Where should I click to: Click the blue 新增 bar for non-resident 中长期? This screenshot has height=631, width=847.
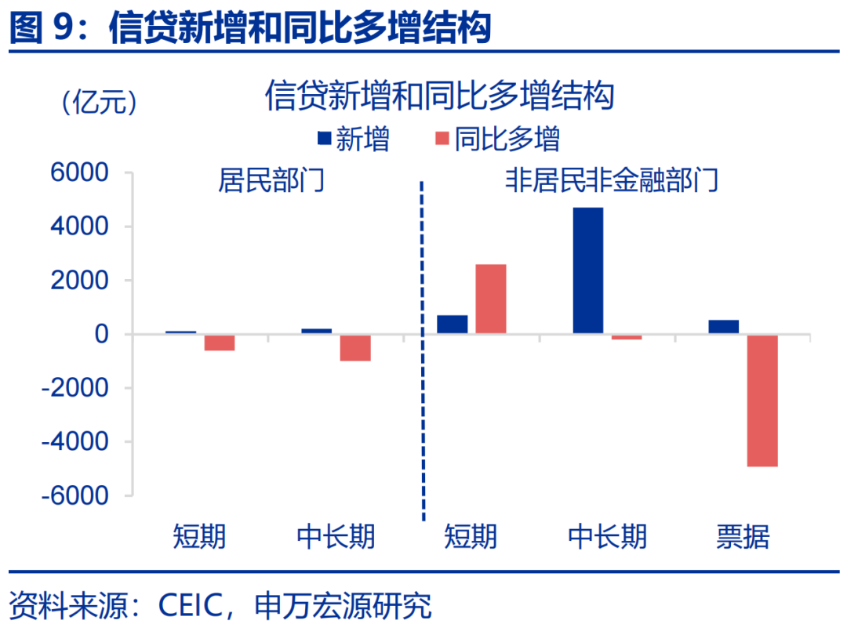click(x=588, y=270)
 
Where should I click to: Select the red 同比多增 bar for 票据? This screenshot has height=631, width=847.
click(x=762, y=401)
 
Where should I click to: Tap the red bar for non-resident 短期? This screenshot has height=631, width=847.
click(x=490, y=299)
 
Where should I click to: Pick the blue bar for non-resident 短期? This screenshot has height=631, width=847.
click(x=452, y=325)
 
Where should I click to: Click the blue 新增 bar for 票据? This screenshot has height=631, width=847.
click(x=723, y=327)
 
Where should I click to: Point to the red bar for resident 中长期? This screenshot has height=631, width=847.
click(x=355, y=348)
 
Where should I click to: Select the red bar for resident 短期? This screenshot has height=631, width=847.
click(x=220, y=343)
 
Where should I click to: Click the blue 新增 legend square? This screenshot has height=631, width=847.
click(x=324, y=139)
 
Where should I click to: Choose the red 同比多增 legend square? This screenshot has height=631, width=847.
click(x=441, y=139)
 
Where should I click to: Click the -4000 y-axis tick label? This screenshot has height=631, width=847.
click(x=76, y=442)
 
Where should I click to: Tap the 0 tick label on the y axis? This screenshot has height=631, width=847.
click(x=101, y=335)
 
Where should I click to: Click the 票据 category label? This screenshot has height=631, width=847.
click(x=743, y=537)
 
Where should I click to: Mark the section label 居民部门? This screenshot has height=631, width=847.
click(x=271, y=182)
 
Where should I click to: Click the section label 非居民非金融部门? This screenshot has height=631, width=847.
click(x=612, y=182)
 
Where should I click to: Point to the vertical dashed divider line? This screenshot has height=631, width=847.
click(x=423, y=353)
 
